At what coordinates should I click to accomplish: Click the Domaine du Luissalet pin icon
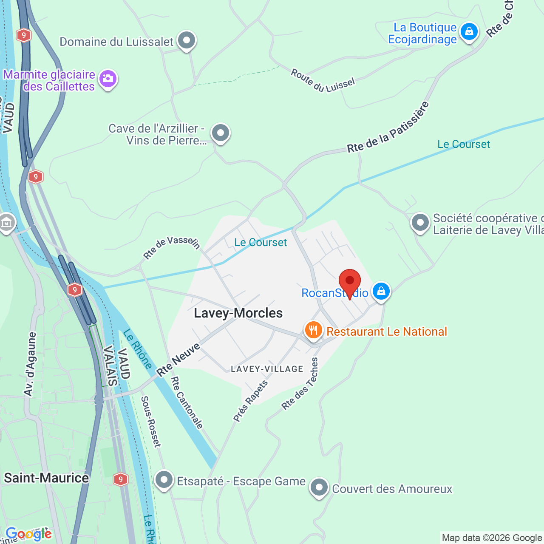click(x=186, y=41)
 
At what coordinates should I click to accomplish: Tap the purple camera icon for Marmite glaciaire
click(x=108, y=79)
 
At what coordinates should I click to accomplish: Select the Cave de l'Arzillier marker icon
click(x=221, y=133)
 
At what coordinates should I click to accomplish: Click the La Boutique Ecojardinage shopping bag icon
click(x=469, y=31)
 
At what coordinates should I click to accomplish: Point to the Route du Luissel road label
click(x=323, y=81)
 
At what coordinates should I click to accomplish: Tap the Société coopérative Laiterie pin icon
click(x=420, y=222)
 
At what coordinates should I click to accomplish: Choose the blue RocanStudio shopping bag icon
click(x=381, y=291)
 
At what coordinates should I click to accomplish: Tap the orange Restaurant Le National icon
click(x=313, y=330)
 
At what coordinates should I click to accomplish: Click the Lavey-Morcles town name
click(x=238, y=313)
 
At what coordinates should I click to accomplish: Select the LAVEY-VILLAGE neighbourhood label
click(x=267, y=369)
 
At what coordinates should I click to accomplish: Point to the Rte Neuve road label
click(x=178, y=360)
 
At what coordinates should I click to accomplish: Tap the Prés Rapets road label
click(x=251, y=400)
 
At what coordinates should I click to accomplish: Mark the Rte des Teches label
click(x=300, y=384)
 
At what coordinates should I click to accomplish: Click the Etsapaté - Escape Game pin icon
click(x=164, y=480)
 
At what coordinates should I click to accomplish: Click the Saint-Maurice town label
click(x=46, y=478)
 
